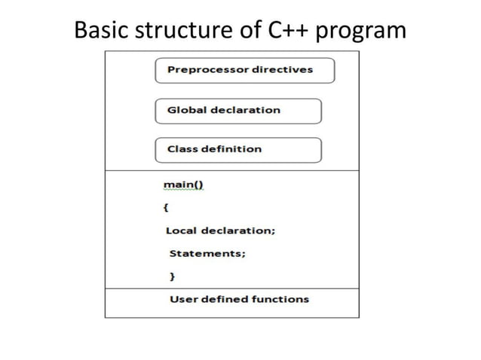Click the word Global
pos(185,110)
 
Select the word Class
pos(182,149)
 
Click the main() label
pos(183,185)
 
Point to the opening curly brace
pos(166,206)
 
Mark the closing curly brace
pos(172,276)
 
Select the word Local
pos(181,230)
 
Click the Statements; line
pos(207,254)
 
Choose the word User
pos(183,299)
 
